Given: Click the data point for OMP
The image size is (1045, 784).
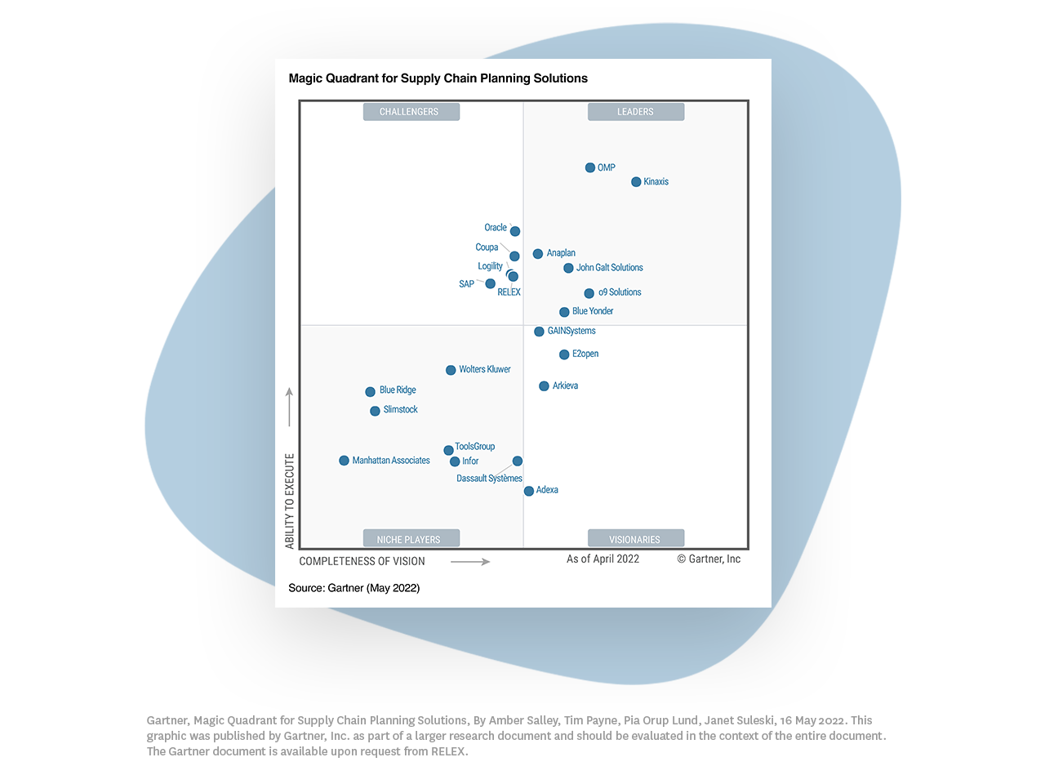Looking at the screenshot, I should pyautogui.click(x=590, y=167).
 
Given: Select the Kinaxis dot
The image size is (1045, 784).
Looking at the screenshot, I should pyautogui.click(x=636, y=182).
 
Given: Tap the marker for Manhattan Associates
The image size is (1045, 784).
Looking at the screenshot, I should pyautogui.click(x=344, y=461).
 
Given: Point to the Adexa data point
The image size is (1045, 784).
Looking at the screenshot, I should pyautogui.click(x=529, y=491).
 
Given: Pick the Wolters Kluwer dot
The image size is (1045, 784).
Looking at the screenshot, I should pyautogui.click(x=451, y=370).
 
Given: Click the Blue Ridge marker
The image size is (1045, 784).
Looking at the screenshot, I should pyautogui.click(x=370, y=392).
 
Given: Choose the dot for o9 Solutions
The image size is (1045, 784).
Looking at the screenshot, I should pyautogui.click(x=589, y=293).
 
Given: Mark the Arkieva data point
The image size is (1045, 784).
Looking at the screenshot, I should pyautogui.click(x=544, y=386).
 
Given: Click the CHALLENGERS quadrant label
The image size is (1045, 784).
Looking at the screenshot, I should pyautogui.click(x=411, y=112).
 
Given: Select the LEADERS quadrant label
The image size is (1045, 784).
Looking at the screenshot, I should pyautogui.click(x=635, y=112).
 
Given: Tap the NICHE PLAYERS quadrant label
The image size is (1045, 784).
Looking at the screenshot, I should pyautogui.click(x=411, y=539).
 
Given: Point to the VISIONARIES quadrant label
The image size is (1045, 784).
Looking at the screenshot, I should pyautogui.click(x=635, y=539).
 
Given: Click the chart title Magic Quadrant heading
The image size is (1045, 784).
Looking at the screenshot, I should pyautogui.click(x=438, y=78).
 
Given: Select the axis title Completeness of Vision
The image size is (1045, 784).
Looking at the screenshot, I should pyautogui.click(x=362, y=561).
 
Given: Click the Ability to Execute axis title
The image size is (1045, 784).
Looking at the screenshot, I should pyautogui.click(x=290, y=501).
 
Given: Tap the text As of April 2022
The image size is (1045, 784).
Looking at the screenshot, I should pyautogui.click(x=603, y=559).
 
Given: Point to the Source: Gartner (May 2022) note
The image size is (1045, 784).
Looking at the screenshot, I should pyautogui.click(x=354, y=588).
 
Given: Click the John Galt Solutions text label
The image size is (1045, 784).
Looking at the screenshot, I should pyautogui.click(x=609, y=268).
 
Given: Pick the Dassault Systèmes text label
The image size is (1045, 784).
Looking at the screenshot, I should pyautogui.click(x=489, y=479).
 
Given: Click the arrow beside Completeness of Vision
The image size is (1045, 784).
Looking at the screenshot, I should pyautogui.click(x=470, y=562).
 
